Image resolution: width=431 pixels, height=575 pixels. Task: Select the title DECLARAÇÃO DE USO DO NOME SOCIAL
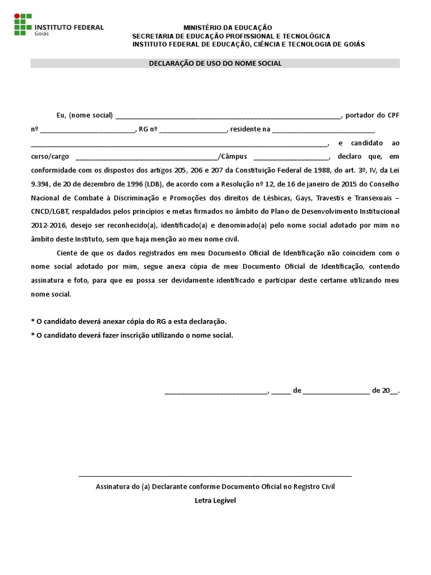[x=215, y=63]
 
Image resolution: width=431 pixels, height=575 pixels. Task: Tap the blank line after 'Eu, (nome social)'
[x=228, y=117]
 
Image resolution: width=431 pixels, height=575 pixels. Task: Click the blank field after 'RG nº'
[x=192, y=130]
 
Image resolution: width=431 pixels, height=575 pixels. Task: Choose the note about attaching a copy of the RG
[x=129, y=322]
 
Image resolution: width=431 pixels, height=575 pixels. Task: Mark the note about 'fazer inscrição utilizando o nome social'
[x=132, y=335]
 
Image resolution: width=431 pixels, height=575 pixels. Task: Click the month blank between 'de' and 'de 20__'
[x=336, y=391]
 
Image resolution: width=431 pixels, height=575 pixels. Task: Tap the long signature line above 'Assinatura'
[x=215, y=476]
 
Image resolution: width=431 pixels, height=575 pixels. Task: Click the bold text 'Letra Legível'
[x=215, y=500]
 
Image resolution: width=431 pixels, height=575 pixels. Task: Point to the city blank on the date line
[x=217, y=391]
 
